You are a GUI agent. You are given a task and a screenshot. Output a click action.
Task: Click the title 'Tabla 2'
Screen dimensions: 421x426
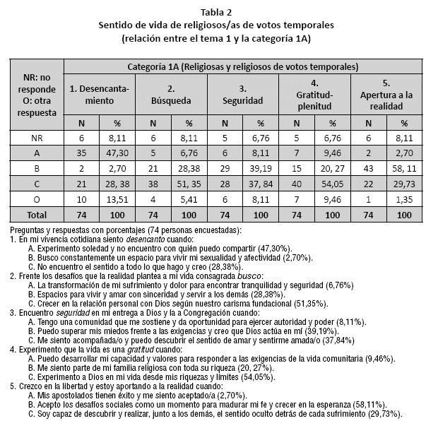[x=213, y=11]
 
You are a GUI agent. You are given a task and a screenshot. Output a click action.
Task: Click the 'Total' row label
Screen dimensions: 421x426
[x=36, y=215]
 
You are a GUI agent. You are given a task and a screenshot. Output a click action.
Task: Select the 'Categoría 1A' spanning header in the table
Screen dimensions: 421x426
[x=242, y=66]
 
